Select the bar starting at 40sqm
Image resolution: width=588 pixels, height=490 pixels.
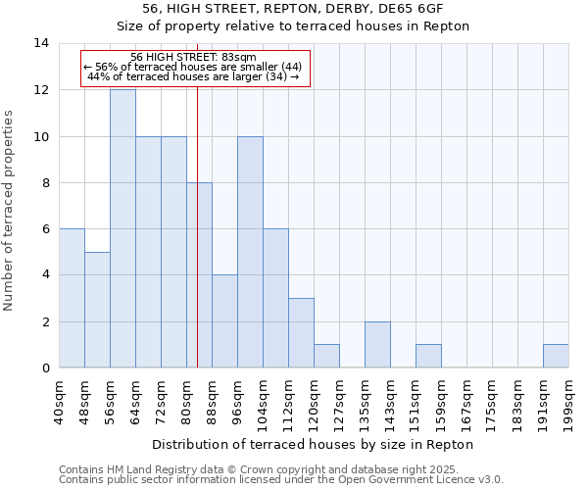click(x=72, y=298)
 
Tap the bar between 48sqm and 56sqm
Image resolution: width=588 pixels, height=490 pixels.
click(x=97, y=310)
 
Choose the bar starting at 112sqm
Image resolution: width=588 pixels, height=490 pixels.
click(x=301, y=333)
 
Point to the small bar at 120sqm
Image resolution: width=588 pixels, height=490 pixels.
click(x=326, y=356)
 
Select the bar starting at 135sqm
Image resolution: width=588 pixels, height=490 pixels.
click(x=377, y=345)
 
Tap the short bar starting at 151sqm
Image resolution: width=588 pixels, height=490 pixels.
click(x=428, y=356)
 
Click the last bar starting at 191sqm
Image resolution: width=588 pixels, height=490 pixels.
click(x=556, y=356)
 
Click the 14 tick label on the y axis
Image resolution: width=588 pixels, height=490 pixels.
click(x=41, y=43)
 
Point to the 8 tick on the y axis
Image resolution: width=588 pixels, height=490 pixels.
click(x=45, y=183)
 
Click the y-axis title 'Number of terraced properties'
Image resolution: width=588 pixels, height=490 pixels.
click(x=9, y=210)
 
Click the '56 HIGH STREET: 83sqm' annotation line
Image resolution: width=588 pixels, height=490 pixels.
click(x=193, y=58)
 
